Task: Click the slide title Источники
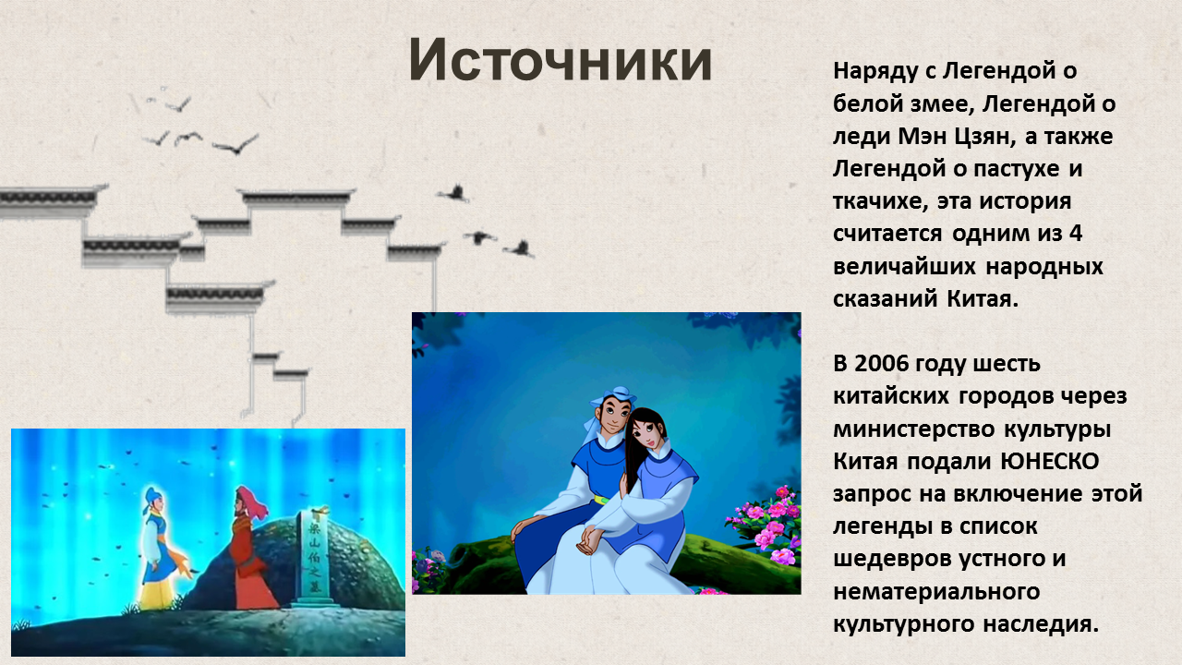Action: [x=561, y=60]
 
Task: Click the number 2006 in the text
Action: [x=881, y=364]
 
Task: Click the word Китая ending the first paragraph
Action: [x=982, y=299]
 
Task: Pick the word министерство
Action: [x=914, y=429]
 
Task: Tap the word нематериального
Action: [x=936, y=592]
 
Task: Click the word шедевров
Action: [x=892, y=559]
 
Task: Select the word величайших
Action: [x=904, y=267]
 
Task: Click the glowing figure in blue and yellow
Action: [x=161, y=548]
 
